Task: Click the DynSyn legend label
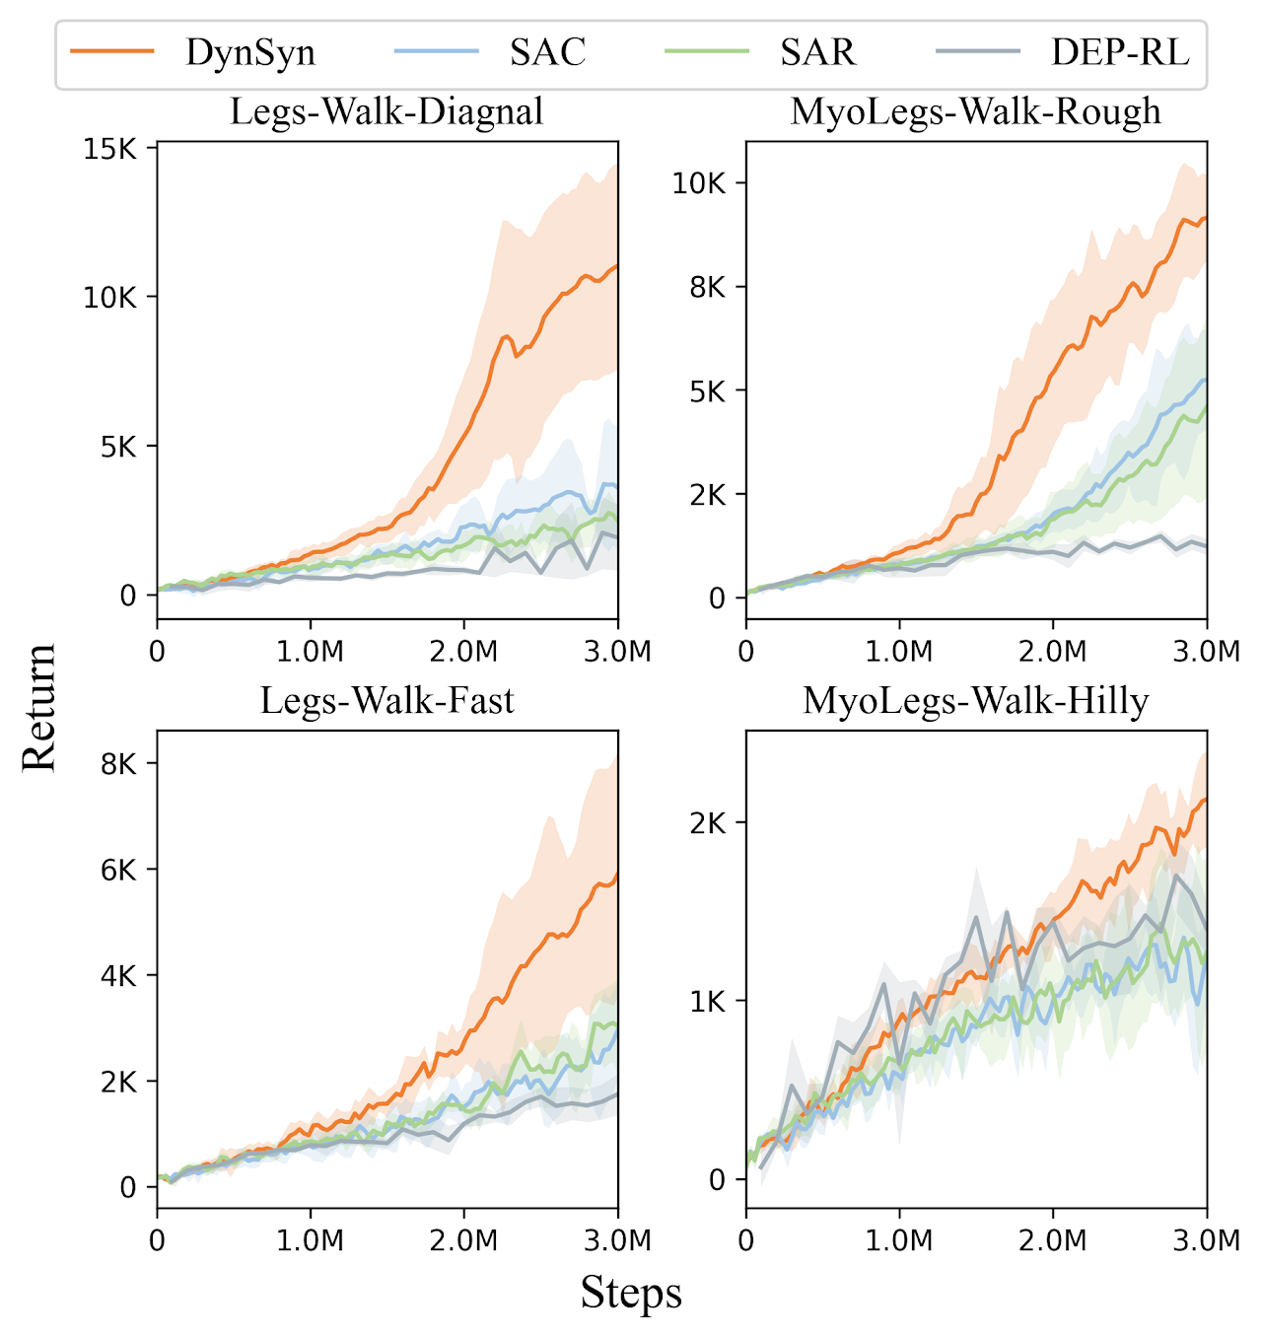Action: pyautogui.click(x=250, y=52)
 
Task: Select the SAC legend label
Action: pyautogui.click(x=547, y=52)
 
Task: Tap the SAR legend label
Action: pyautogui.click(x=817, y=52)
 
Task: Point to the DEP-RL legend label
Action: pyautogui.click(x=1120, y=52)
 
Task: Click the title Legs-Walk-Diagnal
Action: pyautogui.click(x=386, y=111)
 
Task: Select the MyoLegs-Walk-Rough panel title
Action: pyautogui.click(x=976, y=111)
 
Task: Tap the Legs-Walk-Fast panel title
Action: pyautogui.click(x=386, y=701)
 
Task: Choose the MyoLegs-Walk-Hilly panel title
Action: pyautogui.click(x=976, y=701)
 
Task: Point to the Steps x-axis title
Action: pyautogui.click(x=631, y=1293)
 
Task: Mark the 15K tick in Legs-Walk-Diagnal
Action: pyautogui.click(x=110, y=149)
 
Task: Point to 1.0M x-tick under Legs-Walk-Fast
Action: pyautogui.click(x=311, y=1240)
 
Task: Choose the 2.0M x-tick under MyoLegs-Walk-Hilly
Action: pyautogui.click(x=1053, y=1240)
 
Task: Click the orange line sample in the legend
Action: pyautogui.click(x=112, y=52)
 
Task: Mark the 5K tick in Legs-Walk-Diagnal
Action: pyautogui.click(x=116, y=447)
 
